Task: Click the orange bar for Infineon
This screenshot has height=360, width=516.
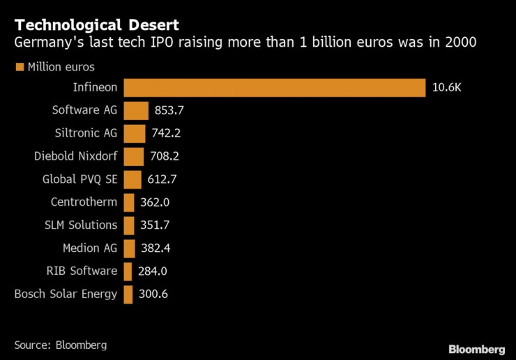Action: pos(274,88)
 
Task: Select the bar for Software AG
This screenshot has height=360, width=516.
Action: pos(136,110)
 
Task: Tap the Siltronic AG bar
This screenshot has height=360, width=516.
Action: pos(135,133)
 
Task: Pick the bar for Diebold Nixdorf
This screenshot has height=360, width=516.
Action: pos(134,156)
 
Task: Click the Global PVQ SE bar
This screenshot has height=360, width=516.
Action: pos(132,179)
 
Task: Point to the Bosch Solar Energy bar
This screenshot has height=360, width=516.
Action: pos(128,294)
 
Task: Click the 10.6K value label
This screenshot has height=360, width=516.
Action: pos(447,88)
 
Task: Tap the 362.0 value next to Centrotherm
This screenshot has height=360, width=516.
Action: pos(155,202)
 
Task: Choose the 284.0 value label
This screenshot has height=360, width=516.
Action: pos(152,271)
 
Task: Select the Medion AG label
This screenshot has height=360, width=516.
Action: pos(90,248)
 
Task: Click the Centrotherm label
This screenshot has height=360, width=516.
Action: pos(84,202)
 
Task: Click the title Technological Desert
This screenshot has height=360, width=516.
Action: pos(96,26)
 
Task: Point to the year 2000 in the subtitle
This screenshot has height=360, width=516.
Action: pos(462,43)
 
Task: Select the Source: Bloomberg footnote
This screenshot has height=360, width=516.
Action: pos(60,345)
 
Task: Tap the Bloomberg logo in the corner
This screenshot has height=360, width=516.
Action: pos(476,349)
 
